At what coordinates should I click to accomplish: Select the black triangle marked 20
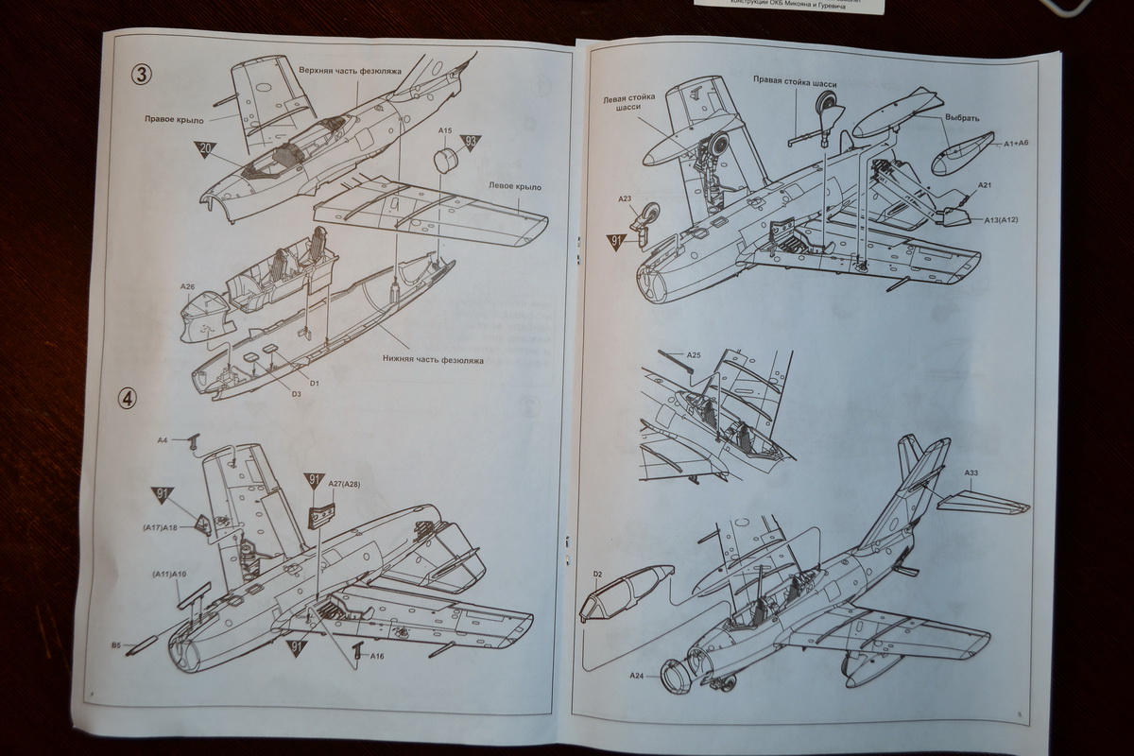pyautogui.click(x=206, y=148)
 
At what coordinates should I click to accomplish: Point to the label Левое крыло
pyautogui.click(x=514, y=187)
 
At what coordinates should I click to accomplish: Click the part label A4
pyautogui.click(x=162, y=440)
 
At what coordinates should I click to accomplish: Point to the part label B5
pyautogui.click(x=114, y=645)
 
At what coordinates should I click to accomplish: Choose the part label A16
pyautogui.click(x=377, y=656)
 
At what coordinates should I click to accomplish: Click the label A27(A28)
pyautogui.click(x=344, y=485)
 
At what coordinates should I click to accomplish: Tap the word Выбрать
pyautogui.click(x=963, y=118)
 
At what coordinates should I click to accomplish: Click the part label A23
pyautogui.click(x=625, y=199)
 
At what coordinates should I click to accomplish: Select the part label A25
pyautogui.click(x=693, y=355)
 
